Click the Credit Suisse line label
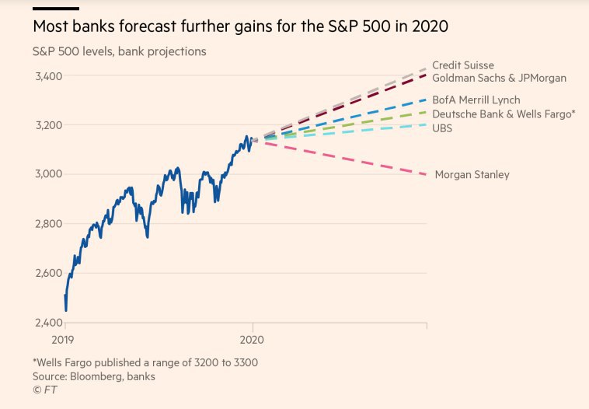pos(462,65)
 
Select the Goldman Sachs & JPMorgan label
pos(499,78)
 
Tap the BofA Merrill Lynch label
pos(476,100)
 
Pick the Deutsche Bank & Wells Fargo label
pos(504,114)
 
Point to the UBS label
pos(441,128)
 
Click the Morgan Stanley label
pos(472,175)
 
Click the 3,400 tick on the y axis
pos(49,76)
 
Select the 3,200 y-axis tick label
pos(49,125)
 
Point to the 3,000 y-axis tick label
pos(49,174)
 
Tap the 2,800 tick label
pos(49,224)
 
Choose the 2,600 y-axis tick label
pos(49,273)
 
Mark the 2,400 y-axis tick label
pos(49,323)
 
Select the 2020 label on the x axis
pos(253,340)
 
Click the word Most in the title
pos(51,26)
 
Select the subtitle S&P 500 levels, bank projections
pos(119,52)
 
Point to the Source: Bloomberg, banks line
pos(93,376)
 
